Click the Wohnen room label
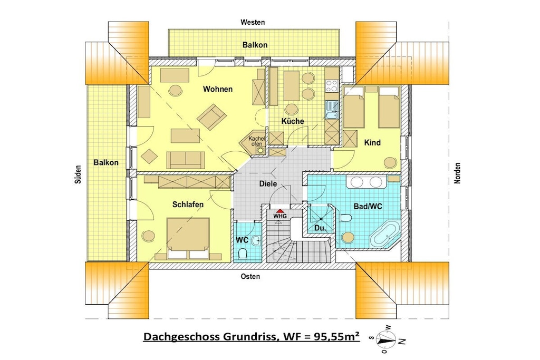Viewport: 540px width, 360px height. [x=218, y=89]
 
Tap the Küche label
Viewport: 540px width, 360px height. [x=293, y=121]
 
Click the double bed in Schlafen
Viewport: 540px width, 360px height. [x=188, y=238]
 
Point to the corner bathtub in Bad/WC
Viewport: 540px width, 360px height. [x=385, y=236]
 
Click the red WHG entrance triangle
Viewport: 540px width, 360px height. [x=280, y=211]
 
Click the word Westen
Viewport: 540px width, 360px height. [x=253, y=22]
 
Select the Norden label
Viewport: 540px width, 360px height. [x=457, y=173]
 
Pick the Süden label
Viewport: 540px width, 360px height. [x=78, y=174]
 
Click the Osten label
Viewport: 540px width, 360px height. [x=250, y=276]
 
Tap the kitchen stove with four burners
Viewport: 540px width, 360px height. [x=332, y=86]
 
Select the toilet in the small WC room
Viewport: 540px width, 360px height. [x=243, y=254]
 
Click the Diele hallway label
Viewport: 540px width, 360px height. [x=268, y=184]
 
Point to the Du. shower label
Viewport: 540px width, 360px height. [x=320, y=228]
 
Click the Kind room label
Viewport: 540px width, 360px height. [x=372, y=142]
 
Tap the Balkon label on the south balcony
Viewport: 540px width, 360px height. [x=106, y=162]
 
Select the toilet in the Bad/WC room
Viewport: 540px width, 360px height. [x=345, y=218]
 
